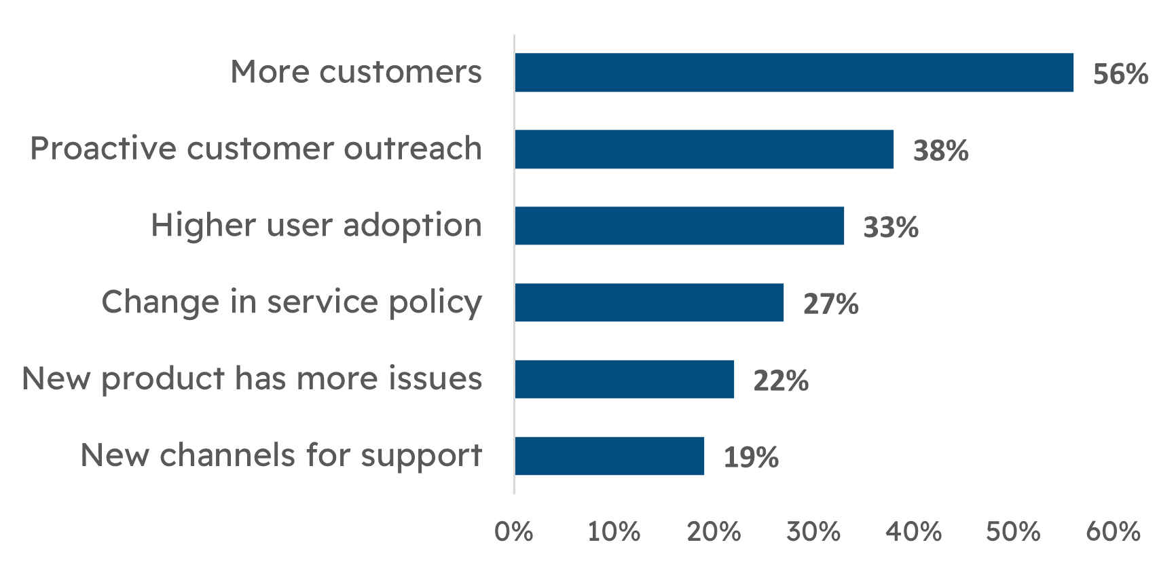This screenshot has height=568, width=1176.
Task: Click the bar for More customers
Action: click(794, 73)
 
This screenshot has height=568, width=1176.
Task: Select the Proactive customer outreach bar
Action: click(704, 149)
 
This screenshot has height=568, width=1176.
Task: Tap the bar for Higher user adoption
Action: click(679, 226)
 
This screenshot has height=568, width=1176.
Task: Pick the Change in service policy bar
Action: click(649, 302)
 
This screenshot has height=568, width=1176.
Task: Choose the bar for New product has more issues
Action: click(624, 379)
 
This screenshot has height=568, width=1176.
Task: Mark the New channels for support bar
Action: click(609, 456)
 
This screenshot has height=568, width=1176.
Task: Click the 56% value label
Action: click(1120, 74)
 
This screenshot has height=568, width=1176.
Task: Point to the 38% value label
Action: click(940, 151)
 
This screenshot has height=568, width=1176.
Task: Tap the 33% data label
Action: click(890, 228)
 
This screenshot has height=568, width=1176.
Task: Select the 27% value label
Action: click(830, 304)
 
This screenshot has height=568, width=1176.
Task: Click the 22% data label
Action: click(781, 380)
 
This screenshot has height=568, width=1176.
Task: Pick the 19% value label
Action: click(751, 457)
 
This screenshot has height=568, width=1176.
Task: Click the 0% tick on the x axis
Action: click(513, 531)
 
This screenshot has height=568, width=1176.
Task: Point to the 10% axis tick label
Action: click(613, 531)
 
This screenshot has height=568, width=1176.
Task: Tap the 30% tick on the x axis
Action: click(813, 531)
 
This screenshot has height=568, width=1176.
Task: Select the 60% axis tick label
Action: click(1113, 531)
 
